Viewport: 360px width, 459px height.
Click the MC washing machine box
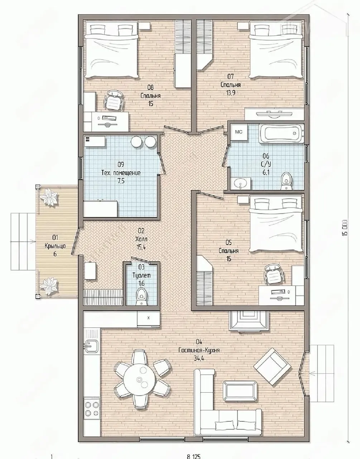click(x=239, y=132)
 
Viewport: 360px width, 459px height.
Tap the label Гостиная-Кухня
click(x=199, y=350)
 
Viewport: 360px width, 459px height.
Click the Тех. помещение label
click(x=121, y=173)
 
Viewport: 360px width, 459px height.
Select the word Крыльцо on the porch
click(x=55, y=246)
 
